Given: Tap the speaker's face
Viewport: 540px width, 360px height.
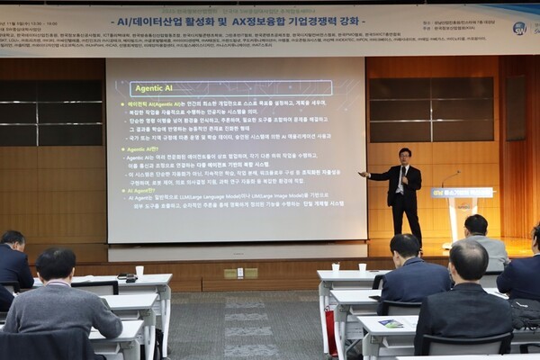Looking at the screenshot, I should coord(405,157).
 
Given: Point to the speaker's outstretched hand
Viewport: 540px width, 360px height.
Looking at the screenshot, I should coord(364,174).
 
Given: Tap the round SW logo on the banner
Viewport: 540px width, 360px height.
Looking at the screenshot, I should coord(520,28).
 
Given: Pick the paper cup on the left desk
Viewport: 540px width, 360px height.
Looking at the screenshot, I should coord(139,270).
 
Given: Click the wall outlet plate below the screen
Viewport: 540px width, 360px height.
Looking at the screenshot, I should coord(240,273).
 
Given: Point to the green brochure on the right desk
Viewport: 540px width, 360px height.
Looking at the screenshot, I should coord(391,323).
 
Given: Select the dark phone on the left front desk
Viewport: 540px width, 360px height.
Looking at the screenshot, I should coord(129,278).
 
